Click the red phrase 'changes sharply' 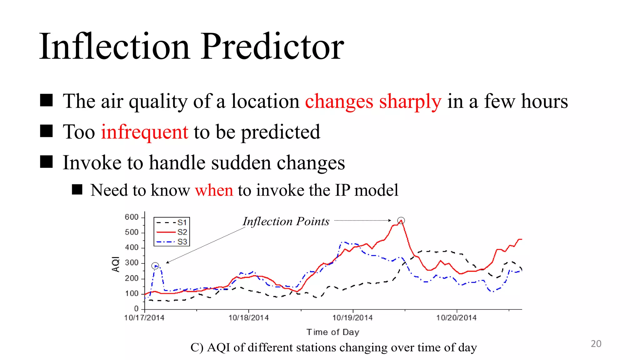coord(373,101)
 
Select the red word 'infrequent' coord(144,132)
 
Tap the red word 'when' coord(214,190)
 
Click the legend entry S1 coord(182,222)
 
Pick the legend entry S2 coord(182,232)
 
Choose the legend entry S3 coord(182,242)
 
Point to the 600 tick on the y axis coord(132,217)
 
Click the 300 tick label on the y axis coord(132,263)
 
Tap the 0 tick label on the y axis coord(136,309)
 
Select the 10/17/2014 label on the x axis coord(144,318)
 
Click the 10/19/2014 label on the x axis coord(352,318)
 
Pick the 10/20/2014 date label coord(456,318)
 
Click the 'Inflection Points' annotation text coord(286,222)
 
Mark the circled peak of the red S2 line coord(401,221)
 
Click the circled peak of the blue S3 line coord(155,266)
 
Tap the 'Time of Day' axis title coord(333,332)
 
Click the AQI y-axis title coord(116,264)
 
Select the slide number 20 coord(596,344)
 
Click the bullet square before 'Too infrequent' coord(46,131)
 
